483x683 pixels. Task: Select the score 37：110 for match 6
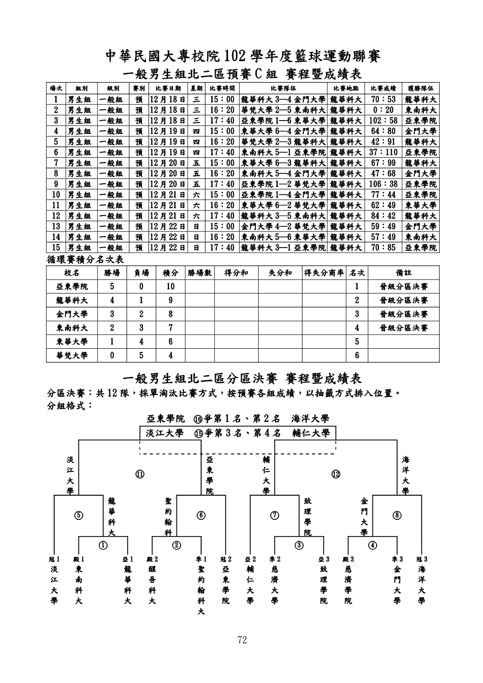[x=383, y=153]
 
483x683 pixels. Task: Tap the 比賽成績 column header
[x=383, y=88]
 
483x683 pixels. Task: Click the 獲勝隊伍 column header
[x=420, y=88]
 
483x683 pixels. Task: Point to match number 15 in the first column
[x=56, y=248]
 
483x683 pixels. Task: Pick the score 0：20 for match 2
[x=383, y=110]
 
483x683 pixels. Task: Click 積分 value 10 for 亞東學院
[x=170, y=287]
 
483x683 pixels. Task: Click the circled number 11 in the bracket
[x=140, y=474]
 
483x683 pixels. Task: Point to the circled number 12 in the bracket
[x=336, y=474]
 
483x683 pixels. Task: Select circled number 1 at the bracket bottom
[x=103, y=544]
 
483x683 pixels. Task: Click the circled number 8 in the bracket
[x=397, y=516]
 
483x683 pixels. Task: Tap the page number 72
[x=241, y=640]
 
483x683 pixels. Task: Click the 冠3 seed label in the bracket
[x=421, y=559]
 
